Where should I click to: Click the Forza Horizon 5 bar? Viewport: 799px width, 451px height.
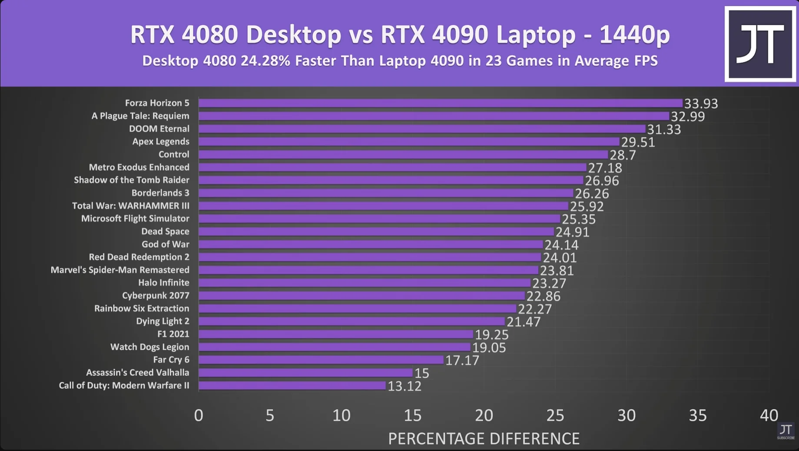click(441, 103)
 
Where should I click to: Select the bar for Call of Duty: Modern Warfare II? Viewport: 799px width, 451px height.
click(292, 385)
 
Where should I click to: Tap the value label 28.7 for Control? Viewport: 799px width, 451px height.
click(623, 155)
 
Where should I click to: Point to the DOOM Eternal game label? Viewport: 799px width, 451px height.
click(159, 129)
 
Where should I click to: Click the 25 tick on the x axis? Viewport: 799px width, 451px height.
click(555, 415)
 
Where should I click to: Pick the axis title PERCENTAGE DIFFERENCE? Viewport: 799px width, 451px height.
click(484, 438)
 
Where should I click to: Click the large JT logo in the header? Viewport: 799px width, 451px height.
click(760, 44)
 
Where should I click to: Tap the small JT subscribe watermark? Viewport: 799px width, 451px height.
click(786, 431)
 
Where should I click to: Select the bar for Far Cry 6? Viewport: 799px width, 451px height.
click(321, 360)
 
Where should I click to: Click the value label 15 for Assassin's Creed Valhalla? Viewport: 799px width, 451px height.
click(421, 373)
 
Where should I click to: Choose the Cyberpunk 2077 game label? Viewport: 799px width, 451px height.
click(156, 295)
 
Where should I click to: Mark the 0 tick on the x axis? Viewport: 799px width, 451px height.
click(199, 415)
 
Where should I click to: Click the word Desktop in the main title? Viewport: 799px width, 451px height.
click(294, 34)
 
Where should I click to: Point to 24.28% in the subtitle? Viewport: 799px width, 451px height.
click(265, 60)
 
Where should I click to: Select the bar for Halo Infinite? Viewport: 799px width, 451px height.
click(365, 283)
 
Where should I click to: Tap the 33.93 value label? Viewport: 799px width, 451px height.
click(701, 104)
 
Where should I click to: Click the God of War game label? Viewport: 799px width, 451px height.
click(165, 244)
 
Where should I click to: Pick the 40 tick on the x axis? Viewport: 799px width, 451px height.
click(769, 415)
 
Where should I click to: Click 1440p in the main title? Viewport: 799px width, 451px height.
click(635, 34)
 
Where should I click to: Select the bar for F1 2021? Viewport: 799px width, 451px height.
click(336, 334)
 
